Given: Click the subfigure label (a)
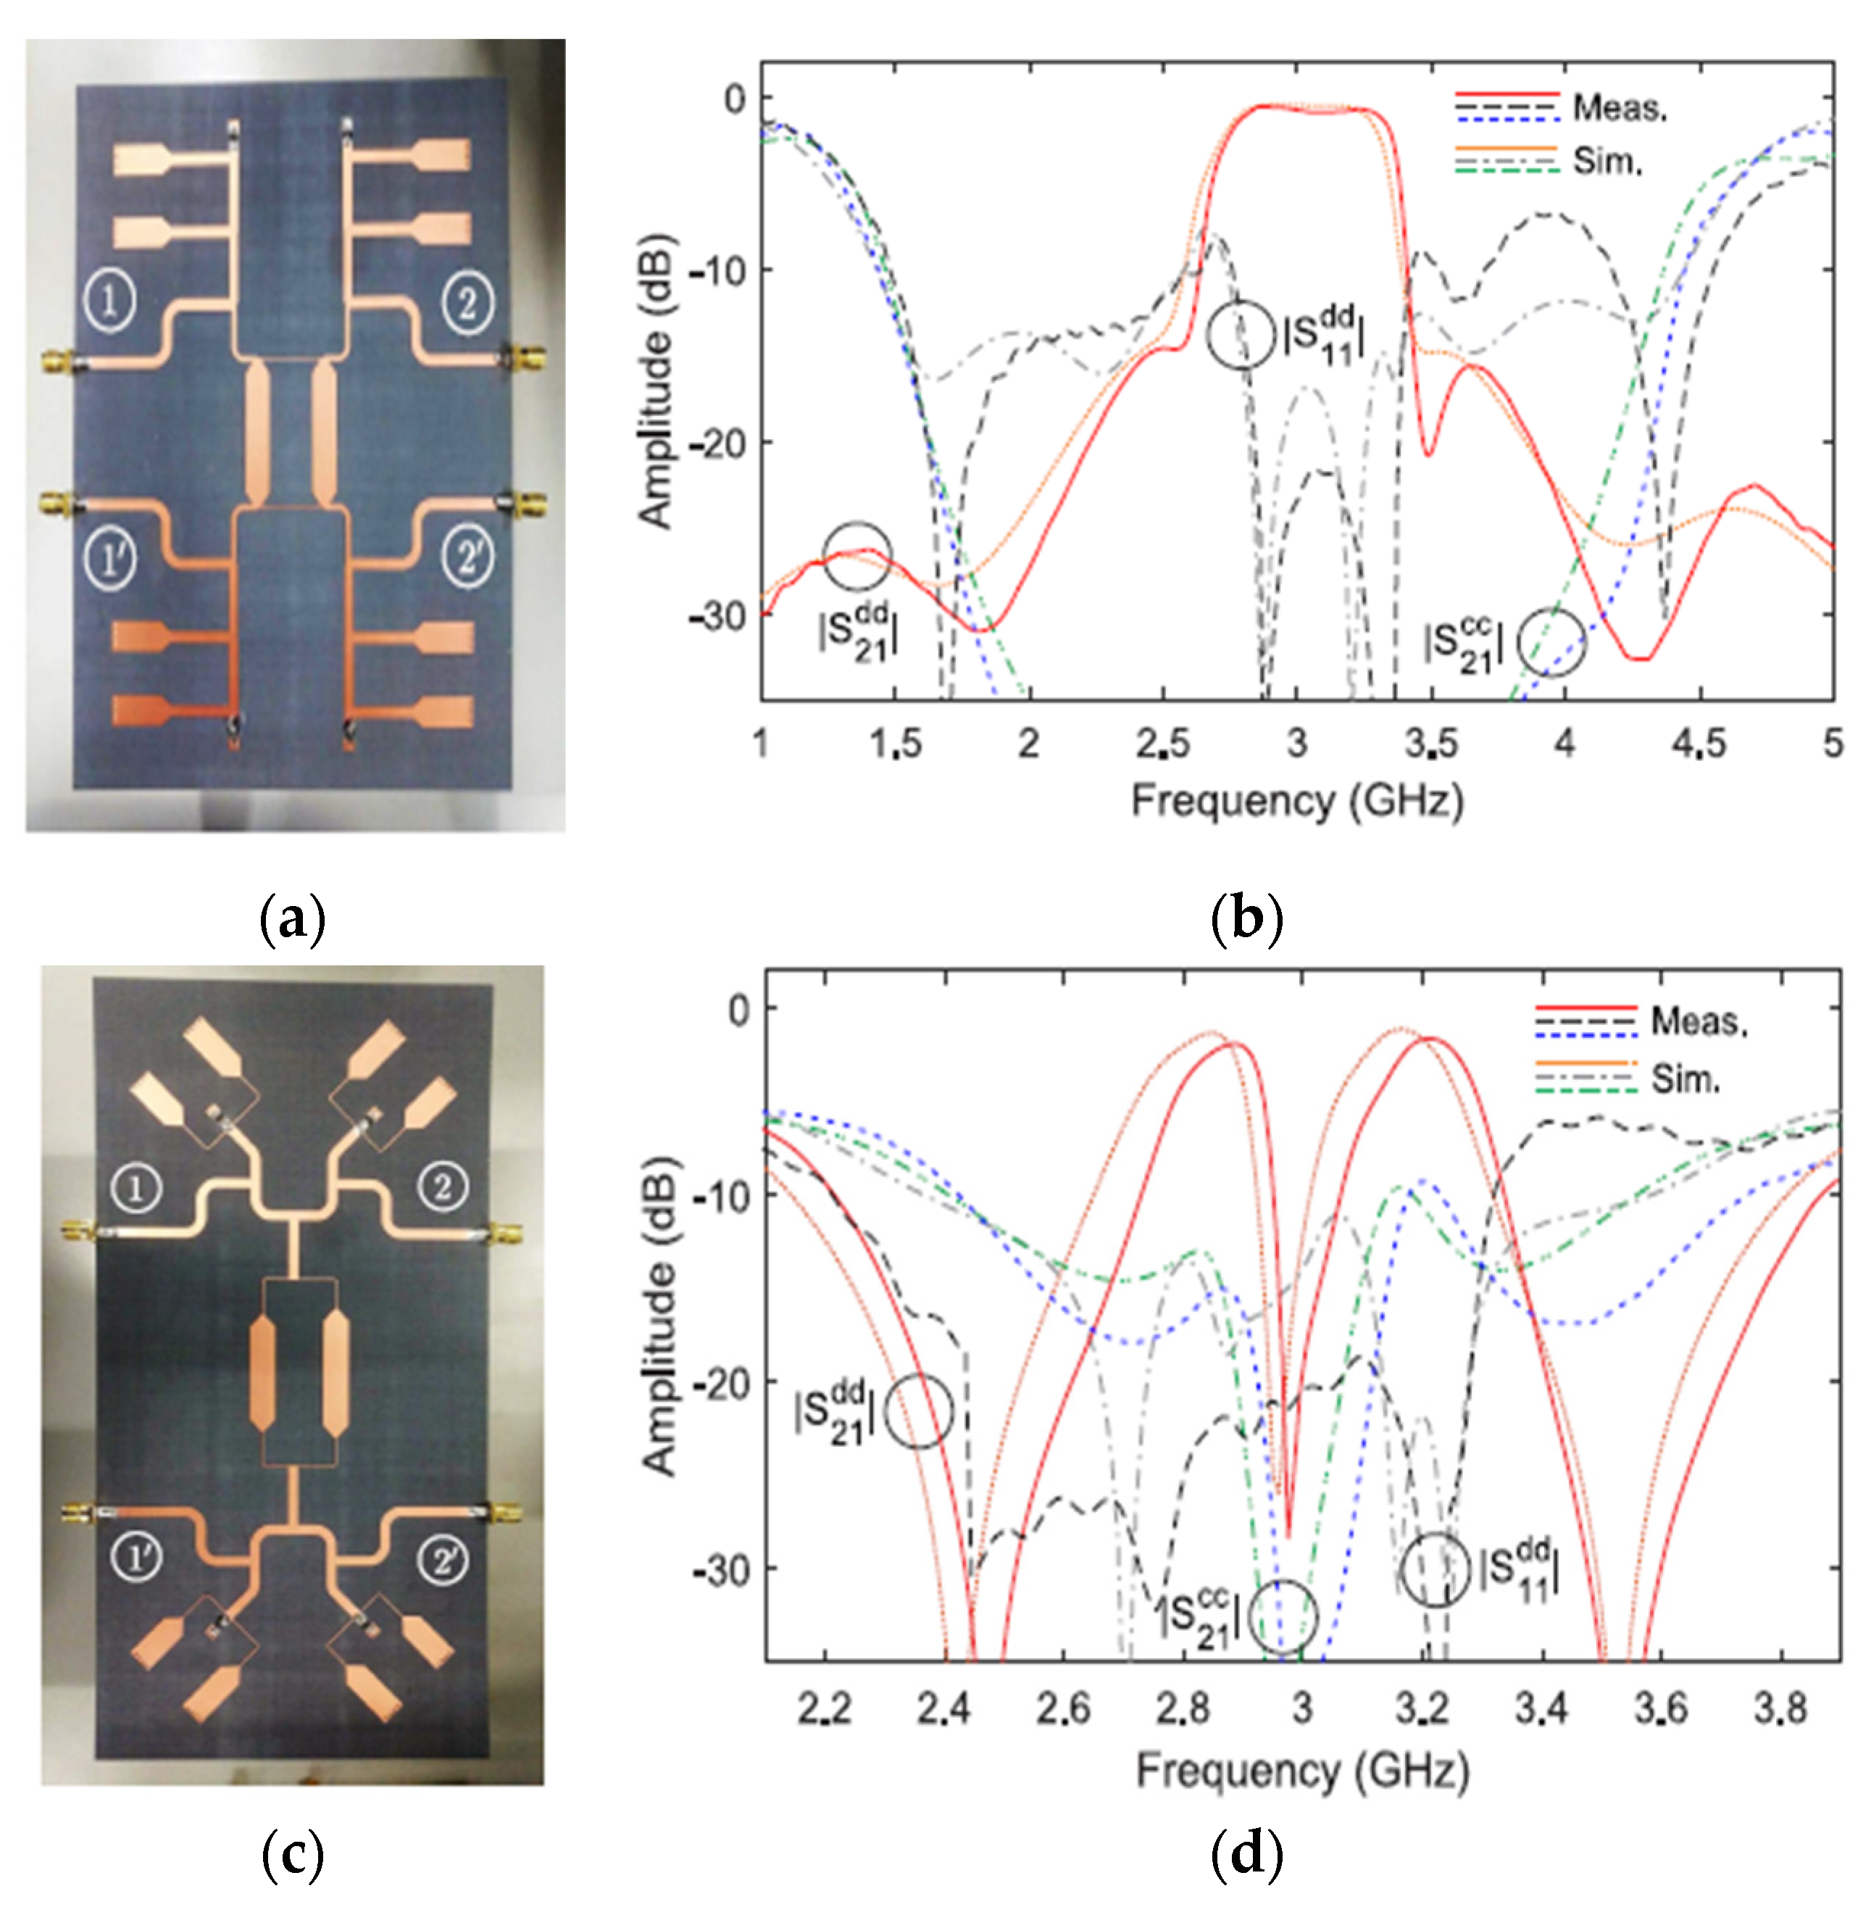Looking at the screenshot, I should [292, 920].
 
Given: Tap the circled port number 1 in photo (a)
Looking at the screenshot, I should [110, 301].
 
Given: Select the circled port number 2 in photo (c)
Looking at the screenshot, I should [443, 1187].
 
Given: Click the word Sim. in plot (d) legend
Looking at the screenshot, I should [1685, 1079].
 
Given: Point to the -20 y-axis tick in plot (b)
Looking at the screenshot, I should [718, 442].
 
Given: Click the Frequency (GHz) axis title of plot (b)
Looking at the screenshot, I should [1297, 801].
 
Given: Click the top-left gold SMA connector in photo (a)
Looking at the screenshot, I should [57, 362].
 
